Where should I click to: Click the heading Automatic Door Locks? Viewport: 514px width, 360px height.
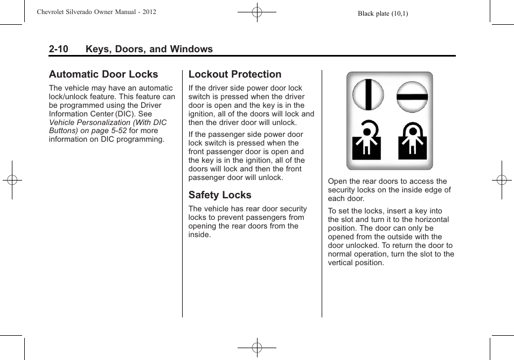pos(103,74)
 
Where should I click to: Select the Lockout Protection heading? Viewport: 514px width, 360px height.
pos(235,74)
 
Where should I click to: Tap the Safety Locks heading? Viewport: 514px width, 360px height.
pos(220,195)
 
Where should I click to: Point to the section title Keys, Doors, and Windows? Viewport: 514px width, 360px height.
pos(149,49)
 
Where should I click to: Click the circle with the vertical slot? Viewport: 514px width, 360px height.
pos(368,94)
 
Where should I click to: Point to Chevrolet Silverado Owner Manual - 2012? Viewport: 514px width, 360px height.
pos(96,11)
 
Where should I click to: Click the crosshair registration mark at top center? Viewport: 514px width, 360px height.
pos(257,11)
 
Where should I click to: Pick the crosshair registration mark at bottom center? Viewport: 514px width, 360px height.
pos(257,348)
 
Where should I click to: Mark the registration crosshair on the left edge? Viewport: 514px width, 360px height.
pos(11,180)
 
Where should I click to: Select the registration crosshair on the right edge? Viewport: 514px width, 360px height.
pos(502,180)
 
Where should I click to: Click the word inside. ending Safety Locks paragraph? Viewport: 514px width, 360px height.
pos(199,234)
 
